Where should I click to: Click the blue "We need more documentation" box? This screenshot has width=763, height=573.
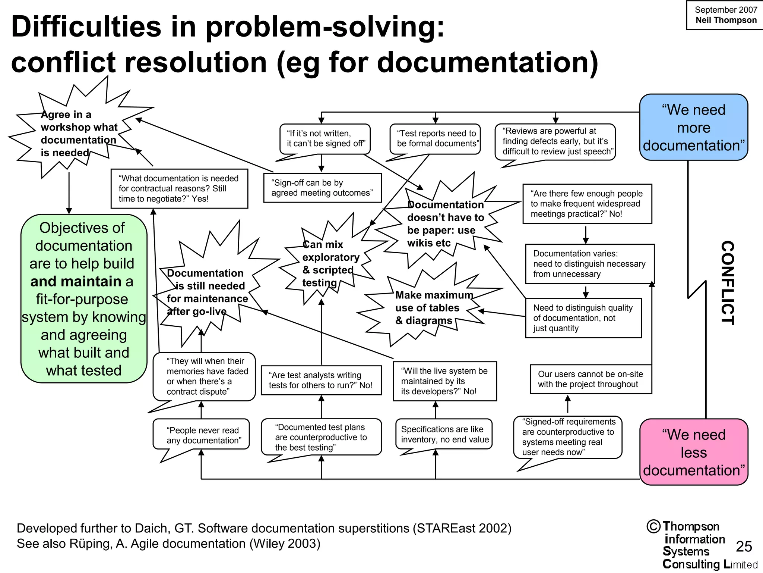click(693, 127)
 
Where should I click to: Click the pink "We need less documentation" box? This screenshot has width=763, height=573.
click(693, 452)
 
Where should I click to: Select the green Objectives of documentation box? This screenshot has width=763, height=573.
click(83, 298)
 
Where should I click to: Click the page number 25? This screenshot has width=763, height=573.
click(744, 547)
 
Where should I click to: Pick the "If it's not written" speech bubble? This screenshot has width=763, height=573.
click(325, 139)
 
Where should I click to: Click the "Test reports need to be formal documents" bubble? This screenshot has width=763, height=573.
click(435, 139)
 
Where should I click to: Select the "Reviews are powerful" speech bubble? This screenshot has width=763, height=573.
click(555, 141)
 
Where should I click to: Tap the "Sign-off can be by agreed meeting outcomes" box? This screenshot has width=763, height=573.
click(322, 188)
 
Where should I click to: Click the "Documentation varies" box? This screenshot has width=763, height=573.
click(589, 264)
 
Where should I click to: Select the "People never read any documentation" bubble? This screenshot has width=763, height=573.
click(202, 435)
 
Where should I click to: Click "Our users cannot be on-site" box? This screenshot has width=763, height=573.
click(591, 379)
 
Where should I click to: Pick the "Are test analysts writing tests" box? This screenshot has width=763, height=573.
click(321, 380)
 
